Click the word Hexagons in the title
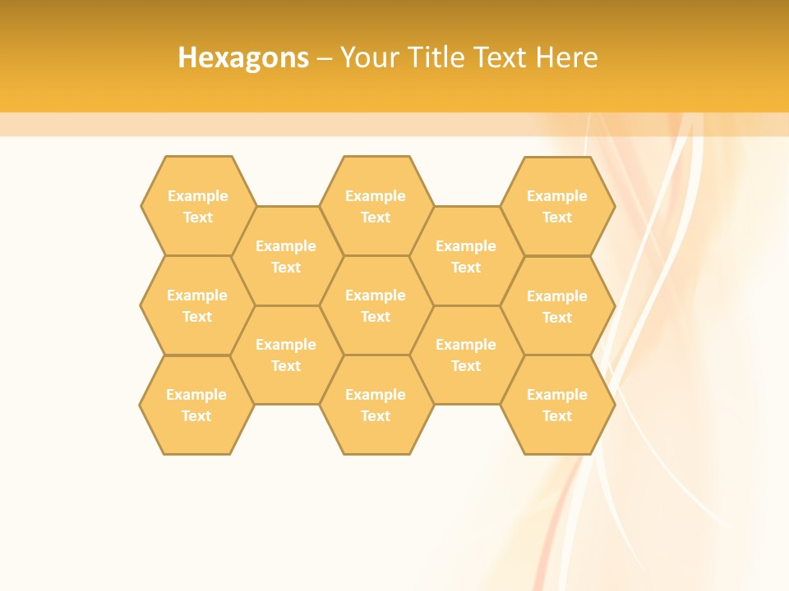(243, 57)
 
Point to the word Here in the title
(566, 57)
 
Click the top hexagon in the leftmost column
(197, 206)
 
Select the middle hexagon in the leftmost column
(197, 305)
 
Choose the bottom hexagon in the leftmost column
(196, 405)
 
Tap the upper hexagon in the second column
(286, 256)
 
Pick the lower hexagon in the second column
(286, 355)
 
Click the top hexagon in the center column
(376, 206)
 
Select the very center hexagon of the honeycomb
(376, 305)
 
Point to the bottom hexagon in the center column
(376, 405)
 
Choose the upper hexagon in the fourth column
(466, 256)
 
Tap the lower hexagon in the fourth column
(466, 355)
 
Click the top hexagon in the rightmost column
(557, 206)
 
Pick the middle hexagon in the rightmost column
(557, 306)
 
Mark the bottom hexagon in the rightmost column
(557, 405)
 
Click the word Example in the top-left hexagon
(197, 196)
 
